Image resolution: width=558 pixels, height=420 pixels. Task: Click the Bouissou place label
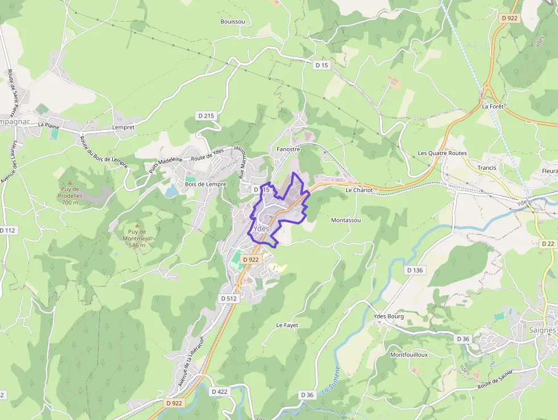click(x=232, y=22)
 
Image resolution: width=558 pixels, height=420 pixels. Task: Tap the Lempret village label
click(x=124, y=128)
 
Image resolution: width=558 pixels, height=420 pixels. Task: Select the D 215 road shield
click(x=206, y=116)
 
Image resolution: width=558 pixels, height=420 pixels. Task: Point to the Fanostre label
click(x=288, y=149)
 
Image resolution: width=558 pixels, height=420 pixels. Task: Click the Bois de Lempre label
click(x=206, y=185)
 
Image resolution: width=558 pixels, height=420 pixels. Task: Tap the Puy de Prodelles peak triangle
click(x=70, y=183)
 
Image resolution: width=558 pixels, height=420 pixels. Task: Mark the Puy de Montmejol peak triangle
click(x=137, y=226)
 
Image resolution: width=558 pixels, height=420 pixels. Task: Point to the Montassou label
click(x=346, y=220)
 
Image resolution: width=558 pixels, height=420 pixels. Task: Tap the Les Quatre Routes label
click(x=442, y=153)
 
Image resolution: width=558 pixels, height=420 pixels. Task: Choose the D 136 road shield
click(x=415, y=270)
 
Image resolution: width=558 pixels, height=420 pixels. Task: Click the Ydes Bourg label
click(x=388, y=316)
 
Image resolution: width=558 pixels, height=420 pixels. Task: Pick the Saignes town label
click(x=541, y=330)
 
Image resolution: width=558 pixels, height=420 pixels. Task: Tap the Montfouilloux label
click(x=409, y=354)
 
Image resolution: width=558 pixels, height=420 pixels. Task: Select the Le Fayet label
click(x=287, y=325)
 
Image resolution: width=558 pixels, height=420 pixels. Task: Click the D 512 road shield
click(x=228, y=298)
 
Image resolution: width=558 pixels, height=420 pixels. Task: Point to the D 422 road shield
click(x=219, y=392)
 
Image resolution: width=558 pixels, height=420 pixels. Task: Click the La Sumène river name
click(x=330, y=380)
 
